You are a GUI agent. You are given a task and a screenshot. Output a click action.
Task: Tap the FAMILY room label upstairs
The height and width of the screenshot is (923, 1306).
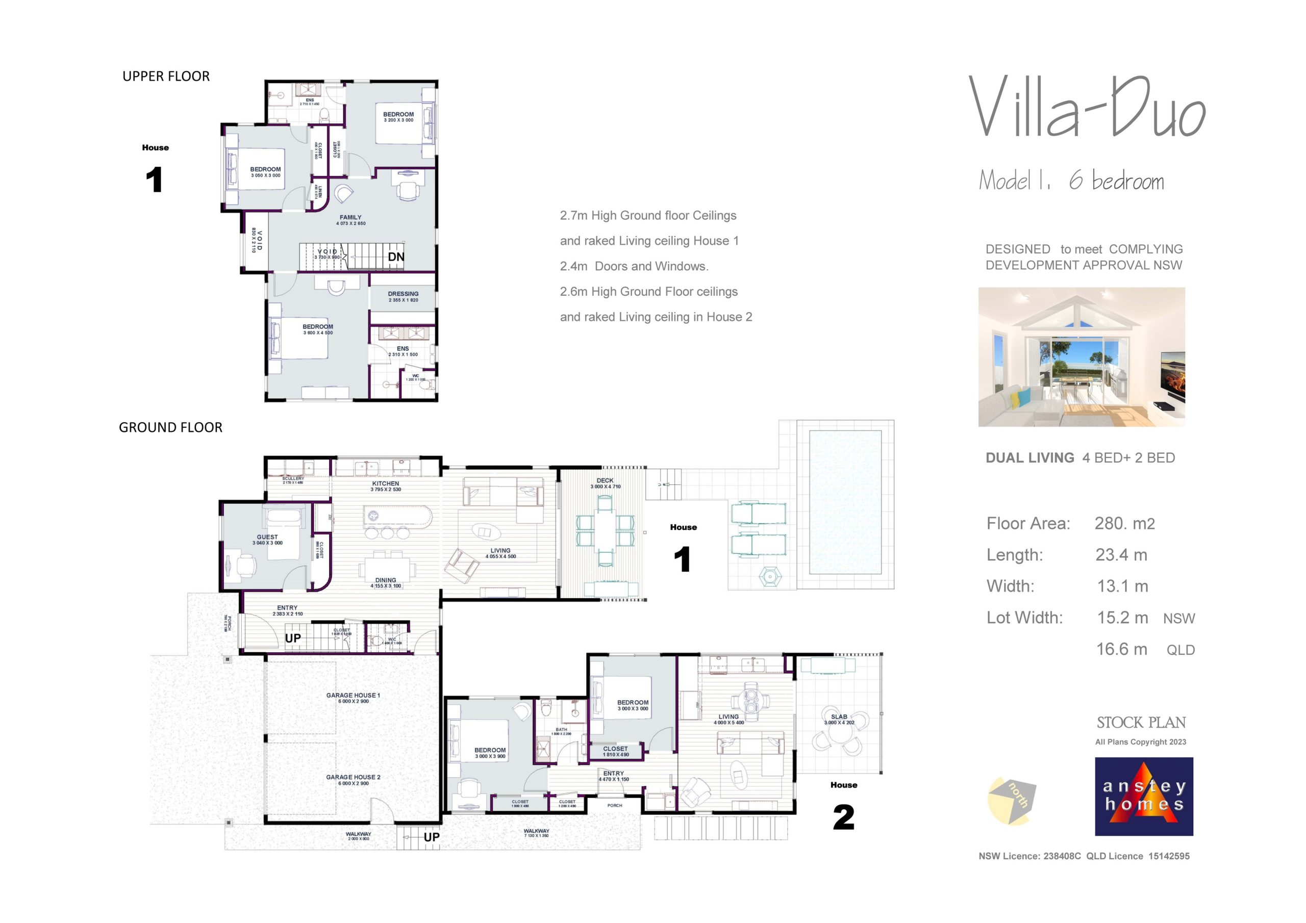pos(350,218)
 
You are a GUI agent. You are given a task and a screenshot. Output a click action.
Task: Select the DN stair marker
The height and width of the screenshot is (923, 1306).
pos(396,257)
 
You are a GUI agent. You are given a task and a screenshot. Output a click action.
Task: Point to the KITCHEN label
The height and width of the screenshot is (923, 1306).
pos(386,484)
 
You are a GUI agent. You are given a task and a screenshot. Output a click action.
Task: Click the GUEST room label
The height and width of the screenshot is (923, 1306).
pos(267,537)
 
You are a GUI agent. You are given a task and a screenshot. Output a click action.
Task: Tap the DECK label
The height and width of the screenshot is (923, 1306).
pos(605,481)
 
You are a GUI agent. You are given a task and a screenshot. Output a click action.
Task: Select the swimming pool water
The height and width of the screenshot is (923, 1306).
pos(845,502)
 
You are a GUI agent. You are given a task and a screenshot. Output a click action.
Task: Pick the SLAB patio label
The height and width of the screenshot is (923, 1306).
pos(839,717)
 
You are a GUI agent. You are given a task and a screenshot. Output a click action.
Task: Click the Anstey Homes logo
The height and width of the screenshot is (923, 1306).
pos(1143,796)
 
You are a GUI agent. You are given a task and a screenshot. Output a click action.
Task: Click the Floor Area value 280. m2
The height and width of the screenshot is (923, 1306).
pos(1124,524)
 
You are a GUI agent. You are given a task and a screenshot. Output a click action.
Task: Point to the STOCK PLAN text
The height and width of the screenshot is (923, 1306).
pos(1141,723)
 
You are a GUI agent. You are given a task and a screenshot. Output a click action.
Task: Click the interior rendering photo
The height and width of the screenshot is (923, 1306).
pos(1082,356)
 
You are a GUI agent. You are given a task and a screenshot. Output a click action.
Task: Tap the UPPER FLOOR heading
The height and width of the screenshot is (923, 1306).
pos(166,76)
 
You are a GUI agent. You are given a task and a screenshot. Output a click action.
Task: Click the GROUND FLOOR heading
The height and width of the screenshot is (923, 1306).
pos(170,428)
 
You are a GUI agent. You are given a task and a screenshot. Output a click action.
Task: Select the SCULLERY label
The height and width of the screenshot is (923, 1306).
pos(293,479)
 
